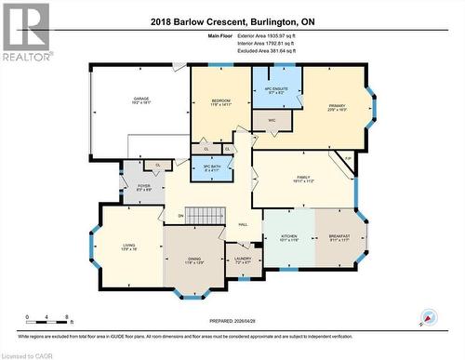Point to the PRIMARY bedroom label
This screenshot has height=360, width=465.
pos(336,106)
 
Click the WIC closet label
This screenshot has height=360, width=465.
pos(272,119)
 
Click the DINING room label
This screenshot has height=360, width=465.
pos(194,261)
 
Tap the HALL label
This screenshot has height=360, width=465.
pos(243,224)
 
